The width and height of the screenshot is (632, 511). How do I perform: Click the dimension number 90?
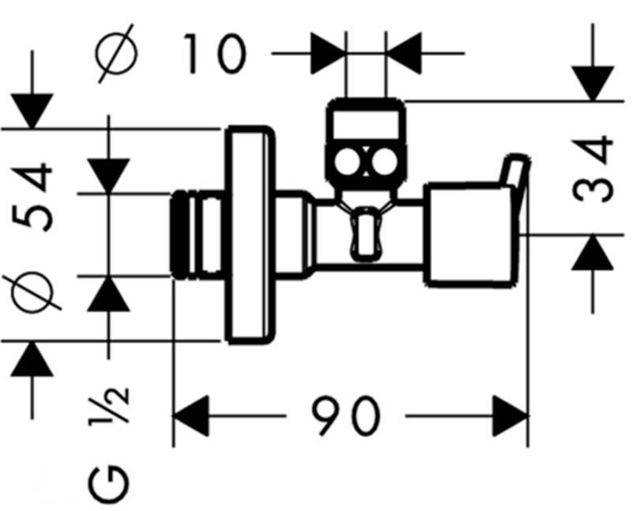[345, 415]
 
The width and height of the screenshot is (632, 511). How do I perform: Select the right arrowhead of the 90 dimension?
[510, 416]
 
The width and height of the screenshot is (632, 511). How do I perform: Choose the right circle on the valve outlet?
[385, 163]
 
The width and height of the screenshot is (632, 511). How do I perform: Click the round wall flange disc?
[251, 235]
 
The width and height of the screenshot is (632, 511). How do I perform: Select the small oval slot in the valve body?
[364, 234]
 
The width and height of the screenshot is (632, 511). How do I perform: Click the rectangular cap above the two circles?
[366, 123]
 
